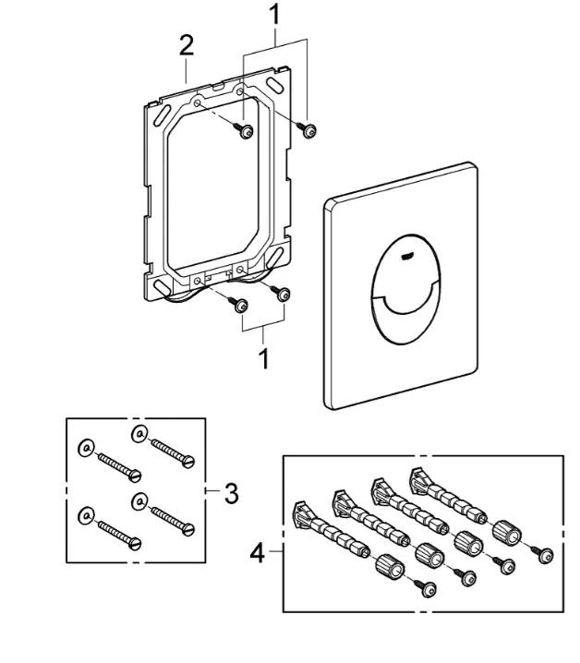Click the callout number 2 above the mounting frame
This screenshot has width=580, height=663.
click(x=187, y=45)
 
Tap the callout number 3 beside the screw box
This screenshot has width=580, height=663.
click(x=232, y=493)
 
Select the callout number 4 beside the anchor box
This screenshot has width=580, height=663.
click(x=258, y=552)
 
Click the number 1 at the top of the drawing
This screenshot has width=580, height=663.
click(x=275, y=14)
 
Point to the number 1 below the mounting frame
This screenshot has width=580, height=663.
click(x=263, y=358)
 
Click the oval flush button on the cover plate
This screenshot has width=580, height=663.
click(x=406, y=289)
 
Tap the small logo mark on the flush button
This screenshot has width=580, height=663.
click(x=406, y=256)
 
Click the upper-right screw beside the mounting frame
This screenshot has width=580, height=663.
click(x=307, y=129)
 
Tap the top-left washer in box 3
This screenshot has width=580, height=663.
click(x=86, y=448)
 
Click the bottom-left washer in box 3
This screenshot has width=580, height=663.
click(x=86, y=515)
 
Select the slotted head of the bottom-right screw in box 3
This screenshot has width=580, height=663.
click(x=188, y=529)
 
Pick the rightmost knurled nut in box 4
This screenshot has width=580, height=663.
click(x=507, y=530)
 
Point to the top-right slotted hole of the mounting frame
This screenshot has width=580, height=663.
click(x=275, y=85)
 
